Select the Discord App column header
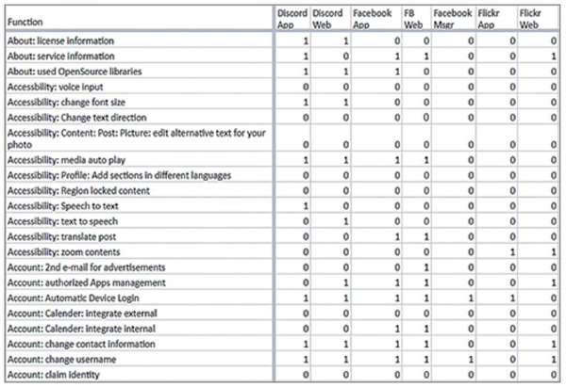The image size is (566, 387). click(x=291, y=19)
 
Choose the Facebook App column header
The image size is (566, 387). click(x=374, y=19)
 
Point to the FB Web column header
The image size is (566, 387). click(x=411, y=19)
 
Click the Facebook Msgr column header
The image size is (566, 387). click(x=451, y=19)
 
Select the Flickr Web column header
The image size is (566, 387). click(x=530, y=19)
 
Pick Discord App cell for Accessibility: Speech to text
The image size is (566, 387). click(x=305, y=206)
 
